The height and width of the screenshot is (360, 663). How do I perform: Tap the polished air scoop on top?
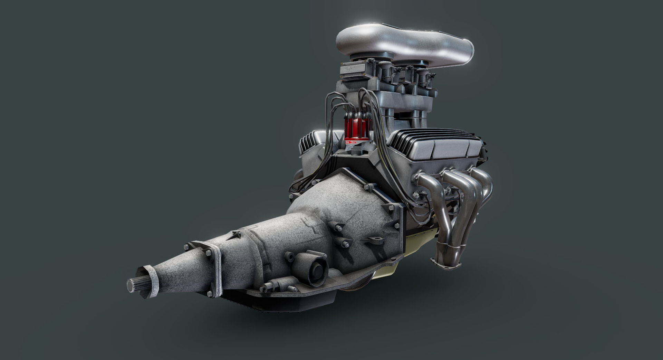point(404,43)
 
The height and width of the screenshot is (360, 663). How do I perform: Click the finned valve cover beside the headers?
point(439,143)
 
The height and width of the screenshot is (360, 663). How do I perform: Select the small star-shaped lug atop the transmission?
point(234,236)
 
